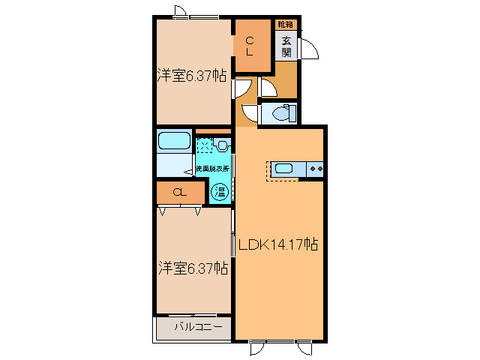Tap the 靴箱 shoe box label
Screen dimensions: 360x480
tap(286, 25)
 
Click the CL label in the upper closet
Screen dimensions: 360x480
tap(250, 46)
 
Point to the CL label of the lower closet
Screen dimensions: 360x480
tap(179, 193)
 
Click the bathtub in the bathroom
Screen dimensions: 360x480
tap(175, 141)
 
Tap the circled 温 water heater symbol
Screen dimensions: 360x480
tap(220, 192)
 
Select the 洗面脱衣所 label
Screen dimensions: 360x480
tap(213, 169)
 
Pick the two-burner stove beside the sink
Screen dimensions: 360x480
tap(316, 169)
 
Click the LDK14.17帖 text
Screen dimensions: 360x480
tap(278, 244)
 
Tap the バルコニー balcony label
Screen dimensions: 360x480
tap(198, 327)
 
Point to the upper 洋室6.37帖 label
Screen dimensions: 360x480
tap(192, 75)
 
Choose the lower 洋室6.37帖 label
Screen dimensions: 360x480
tap(193, 267)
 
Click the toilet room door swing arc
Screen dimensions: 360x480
tap(247, 113)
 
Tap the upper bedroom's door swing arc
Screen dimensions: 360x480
tap(241, 89)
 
